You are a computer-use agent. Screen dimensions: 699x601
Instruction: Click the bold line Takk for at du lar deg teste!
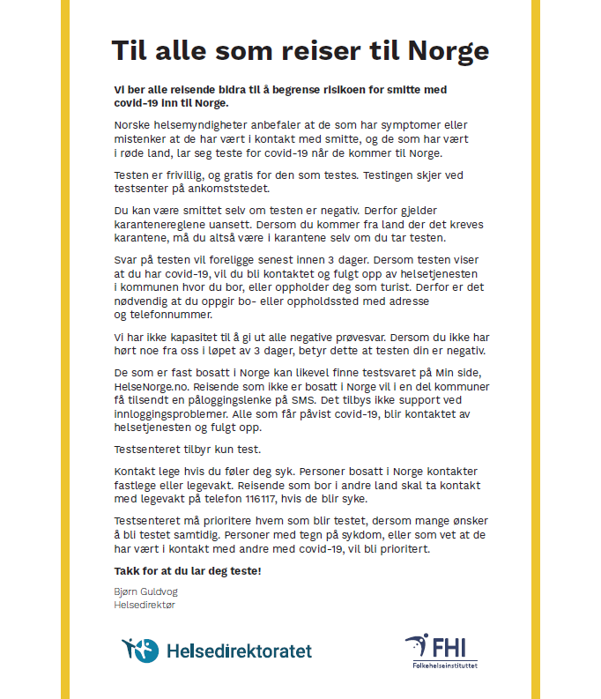(187, 570)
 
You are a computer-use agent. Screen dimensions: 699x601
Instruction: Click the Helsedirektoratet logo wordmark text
(239, 651)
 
